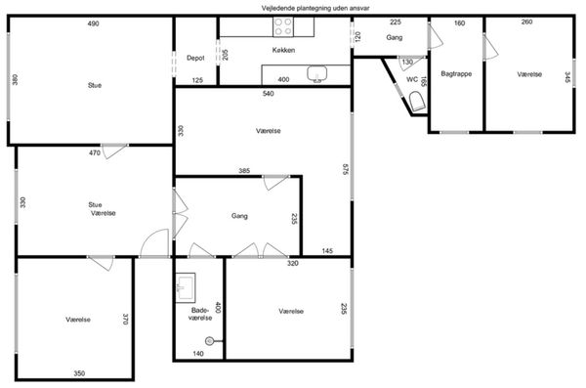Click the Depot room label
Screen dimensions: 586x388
195,58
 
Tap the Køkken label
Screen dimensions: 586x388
283,50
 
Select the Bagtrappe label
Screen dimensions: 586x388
456,73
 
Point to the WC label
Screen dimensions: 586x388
412,79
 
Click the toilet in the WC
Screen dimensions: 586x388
416,102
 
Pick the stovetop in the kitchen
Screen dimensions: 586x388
283,27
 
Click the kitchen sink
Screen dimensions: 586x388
316,73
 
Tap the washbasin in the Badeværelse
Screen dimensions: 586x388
186,287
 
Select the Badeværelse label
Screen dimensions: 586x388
200,315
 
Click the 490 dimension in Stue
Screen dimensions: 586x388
93,23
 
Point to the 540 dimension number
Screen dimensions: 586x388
268,94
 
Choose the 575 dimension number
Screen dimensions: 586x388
345,169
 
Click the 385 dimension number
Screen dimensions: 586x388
244,171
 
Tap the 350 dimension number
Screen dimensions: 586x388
79,373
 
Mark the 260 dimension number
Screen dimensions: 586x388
526,22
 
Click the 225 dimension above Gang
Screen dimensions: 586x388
396,22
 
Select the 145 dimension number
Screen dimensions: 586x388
327,251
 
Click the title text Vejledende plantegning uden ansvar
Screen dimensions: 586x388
315,8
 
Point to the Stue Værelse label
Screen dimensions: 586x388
102,209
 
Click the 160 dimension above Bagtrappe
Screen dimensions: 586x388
459,23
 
